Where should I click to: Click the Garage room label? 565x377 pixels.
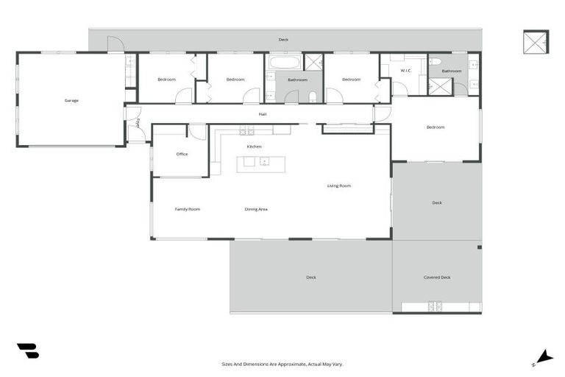pyautogui.click(x=71, y=100)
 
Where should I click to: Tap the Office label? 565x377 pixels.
pyautogui.click(x=182, y=155)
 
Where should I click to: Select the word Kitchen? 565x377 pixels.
pyautogui.click(x=255, y=147)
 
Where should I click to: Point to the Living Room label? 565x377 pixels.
pyautogui.click(x=338, y=186)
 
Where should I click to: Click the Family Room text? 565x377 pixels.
pyautogui.click(x=187, y=209)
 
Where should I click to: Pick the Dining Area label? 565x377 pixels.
pyautogui.click(x=256, y=209)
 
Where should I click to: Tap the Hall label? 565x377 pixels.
pyautogui.click(x=262, y=114)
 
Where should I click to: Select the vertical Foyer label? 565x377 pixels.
pyautogui.click(x=137, y=123)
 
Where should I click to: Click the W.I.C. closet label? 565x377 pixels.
pyautogui.click(x=405, y=71)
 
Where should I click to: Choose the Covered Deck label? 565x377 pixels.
pyautogui.click(x=436, y=278)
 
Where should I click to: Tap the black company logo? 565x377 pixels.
pyautogui.click(x=28, y=351)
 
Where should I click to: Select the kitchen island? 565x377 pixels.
pyautogui.click(x=261, y=163)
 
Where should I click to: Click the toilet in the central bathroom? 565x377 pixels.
pyautogui.click(x=313, y=96)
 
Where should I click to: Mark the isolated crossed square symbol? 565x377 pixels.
pyautogui.click(x=536, y=41)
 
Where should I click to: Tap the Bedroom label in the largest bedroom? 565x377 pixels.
pyautogui.click(x=436, y=127)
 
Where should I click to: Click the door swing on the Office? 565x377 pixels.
pyautogui.click(x=196, y=132)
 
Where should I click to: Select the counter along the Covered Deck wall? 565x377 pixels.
pyautogui.click(x=441, y=307)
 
